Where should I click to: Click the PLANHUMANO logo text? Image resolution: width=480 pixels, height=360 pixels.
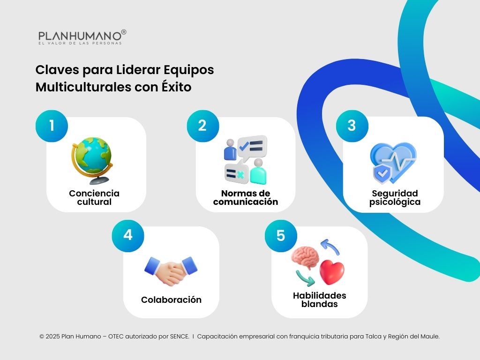(79, 36)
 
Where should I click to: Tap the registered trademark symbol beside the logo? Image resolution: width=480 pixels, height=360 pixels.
(124, 32)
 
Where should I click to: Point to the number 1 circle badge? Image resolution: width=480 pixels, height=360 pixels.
(52, 126)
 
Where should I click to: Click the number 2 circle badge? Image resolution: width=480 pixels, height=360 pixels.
(202, 126)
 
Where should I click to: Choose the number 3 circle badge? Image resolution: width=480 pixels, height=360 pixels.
(352, 126)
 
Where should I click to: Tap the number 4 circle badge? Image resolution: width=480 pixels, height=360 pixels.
(127, 235)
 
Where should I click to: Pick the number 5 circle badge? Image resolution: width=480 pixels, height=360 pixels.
(280, 235)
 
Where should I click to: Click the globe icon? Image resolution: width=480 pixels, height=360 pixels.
(92, 157)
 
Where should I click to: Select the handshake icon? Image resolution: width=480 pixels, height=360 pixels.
(171, 270)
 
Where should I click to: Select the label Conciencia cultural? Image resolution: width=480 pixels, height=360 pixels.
(94, 197)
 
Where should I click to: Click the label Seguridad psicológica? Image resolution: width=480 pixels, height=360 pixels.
(395, 197)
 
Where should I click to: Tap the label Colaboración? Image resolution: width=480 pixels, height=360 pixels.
(171, 300)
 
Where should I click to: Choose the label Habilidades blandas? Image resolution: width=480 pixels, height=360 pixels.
(319, 300)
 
